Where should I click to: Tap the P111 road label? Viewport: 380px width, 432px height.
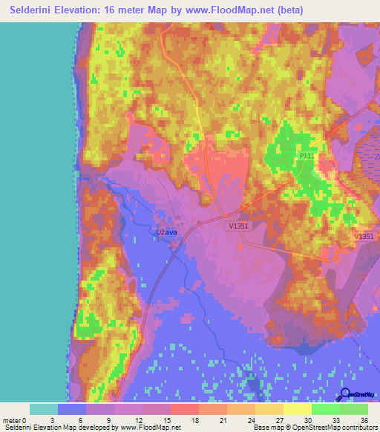point(307,156)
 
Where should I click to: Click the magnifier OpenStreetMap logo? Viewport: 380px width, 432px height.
point(344,394)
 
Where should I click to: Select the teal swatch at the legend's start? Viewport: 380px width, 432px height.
point(44,409)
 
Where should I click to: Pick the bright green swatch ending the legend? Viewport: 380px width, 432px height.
point(354,409)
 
